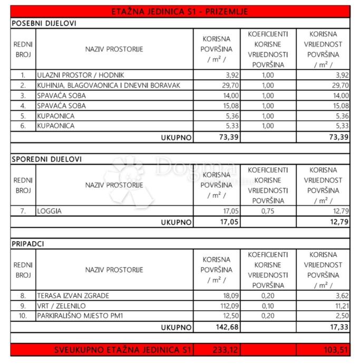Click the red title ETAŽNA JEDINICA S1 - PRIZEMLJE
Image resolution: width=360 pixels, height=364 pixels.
click(180, 12)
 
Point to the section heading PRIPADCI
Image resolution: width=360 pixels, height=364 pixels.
click(28, 244)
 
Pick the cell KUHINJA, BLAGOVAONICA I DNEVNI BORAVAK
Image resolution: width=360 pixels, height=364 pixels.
click(108, 85)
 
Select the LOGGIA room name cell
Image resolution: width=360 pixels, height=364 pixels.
click(49, 211)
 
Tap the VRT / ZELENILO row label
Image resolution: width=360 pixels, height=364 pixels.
click(61, 305)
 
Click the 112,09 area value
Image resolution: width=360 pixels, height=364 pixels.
click(221, 305)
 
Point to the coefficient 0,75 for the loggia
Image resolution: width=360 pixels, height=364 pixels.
click(267, 211)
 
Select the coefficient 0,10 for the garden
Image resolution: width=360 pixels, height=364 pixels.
click(267, 305)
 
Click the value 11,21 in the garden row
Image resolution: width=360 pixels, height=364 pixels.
click(338, 305)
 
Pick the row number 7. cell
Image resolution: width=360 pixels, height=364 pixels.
click(23, 211)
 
